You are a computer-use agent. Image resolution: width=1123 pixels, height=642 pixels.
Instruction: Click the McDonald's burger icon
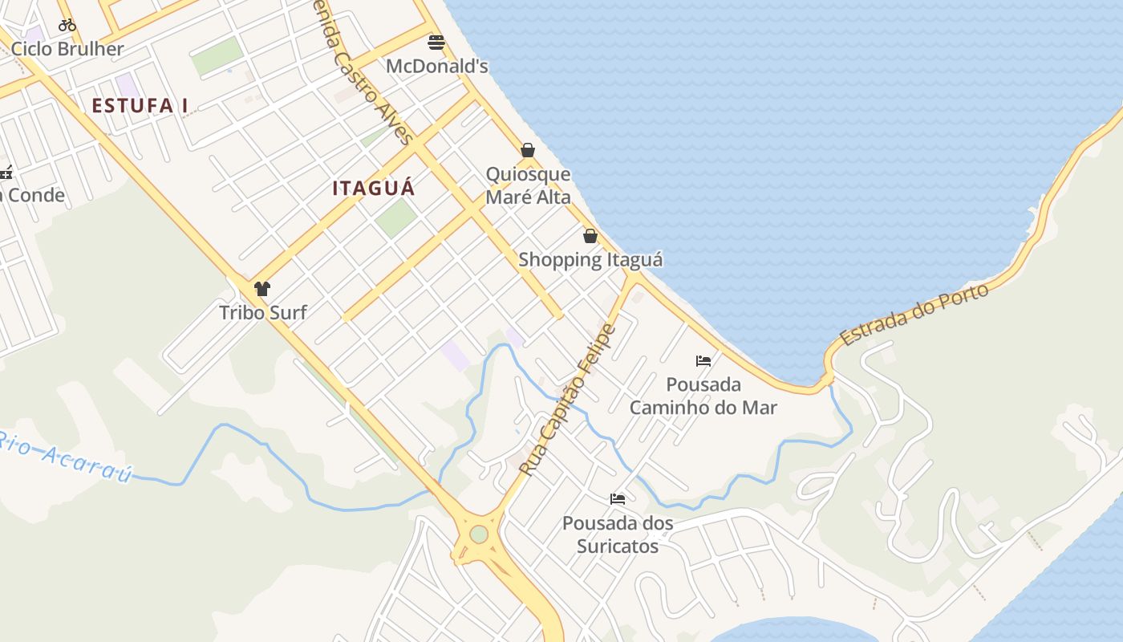[436, 42]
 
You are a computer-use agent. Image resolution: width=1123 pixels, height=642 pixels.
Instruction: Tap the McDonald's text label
[437, 67]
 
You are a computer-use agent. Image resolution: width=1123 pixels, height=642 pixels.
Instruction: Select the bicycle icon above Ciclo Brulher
[67, 25]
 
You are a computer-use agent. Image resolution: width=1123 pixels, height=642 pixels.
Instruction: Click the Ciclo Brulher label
[67, 49]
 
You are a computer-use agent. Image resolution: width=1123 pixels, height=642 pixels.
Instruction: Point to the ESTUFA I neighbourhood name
[140, 105]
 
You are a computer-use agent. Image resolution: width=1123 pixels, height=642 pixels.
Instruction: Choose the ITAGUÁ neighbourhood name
[374, 189]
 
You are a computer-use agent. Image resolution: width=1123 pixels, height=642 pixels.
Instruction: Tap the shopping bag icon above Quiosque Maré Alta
[528, 150]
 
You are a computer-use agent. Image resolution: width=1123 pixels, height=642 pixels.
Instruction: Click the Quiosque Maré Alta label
[529, 185]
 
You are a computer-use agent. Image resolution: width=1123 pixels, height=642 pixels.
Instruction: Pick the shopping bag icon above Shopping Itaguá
[590, 236]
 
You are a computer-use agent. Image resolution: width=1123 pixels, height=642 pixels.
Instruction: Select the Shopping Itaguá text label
[590, 260]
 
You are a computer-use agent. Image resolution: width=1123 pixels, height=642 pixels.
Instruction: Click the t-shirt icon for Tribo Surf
[262, 289]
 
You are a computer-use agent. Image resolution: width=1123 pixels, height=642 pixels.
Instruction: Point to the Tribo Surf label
[263, 312]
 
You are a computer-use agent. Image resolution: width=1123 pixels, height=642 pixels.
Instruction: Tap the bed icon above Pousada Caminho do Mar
[703, 361]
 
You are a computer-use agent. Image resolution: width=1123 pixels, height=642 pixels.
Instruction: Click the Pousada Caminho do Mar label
[703, 396]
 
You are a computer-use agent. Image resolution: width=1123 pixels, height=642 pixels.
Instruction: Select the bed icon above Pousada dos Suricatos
[618, 499]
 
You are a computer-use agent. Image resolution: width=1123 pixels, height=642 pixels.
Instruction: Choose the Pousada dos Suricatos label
[618, 534]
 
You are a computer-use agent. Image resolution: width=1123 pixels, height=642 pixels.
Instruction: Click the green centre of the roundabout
[479, 534]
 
